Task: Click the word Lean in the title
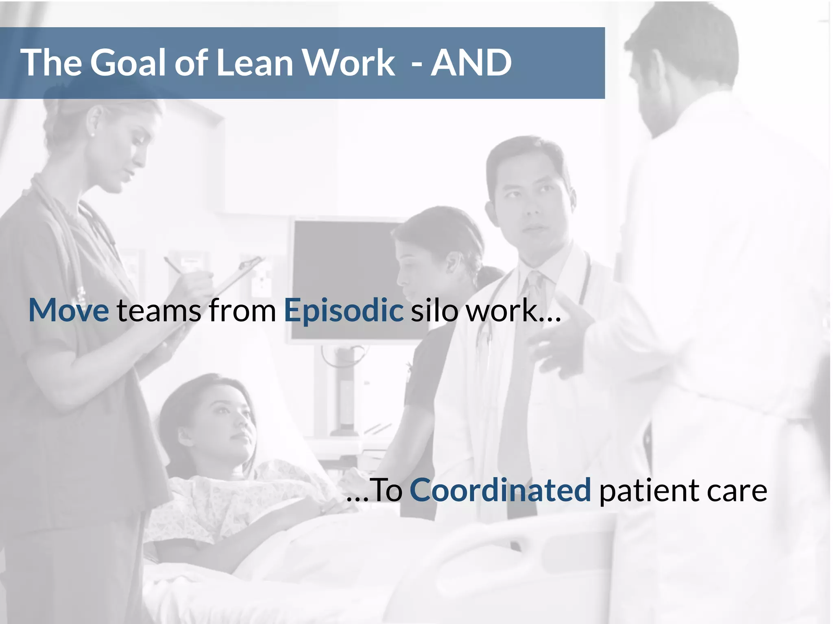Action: tap(254, 63)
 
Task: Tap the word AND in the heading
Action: tap(471, 63)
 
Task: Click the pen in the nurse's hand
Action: tap(173, 265)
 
